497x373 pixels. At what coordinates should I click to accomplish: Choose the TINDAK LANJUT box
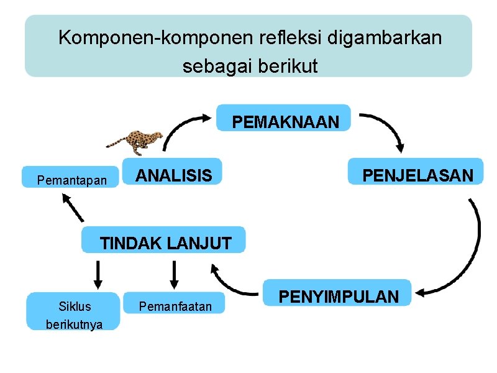click(x=165, y=241)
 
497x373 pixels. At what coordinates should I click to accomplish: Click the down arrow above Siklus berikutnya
click(x=98, y=274)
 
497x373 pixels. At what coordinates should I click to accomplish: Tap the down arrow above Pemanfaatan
click(x=174, y=274)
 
